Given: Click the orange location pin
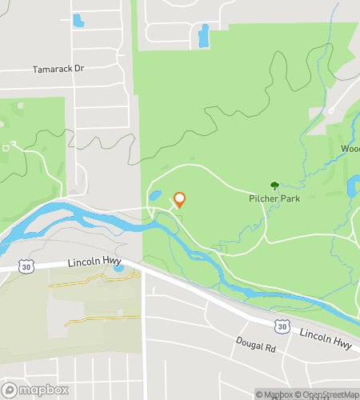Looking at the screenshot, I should tap(180, 199).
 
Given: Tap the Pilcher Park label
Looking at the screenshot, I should tap(274, 198).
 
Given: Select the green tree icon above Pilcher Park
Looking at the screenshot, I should tap(274, 186).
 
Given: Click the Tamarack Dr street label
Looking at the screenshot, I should tap(58, 70).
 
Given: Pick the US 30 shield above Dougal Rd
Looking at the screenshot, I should tap(281, 326).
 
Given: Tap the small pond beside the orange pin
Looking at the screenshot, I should tap(155, 195).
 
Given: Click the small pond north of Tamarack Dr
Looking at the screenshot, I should tap(78, 20).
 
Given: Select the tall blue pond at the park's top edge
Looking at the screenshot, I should tap(203, 35).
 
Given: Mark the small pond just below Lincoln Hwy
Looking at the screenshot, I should tap(118, 268).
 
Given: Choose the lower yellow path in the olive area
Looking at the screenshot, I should tap(101, 318).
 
